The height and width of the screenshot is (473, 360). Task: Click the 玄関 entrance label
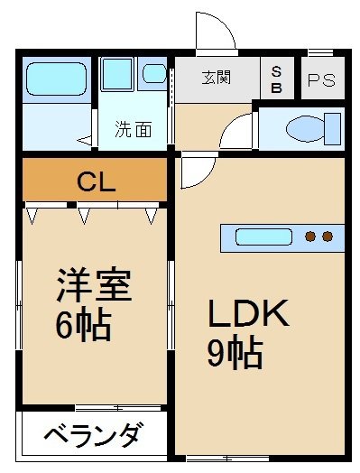point(216,78)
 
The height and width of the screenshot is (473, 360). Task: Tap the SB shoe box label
point(276,80)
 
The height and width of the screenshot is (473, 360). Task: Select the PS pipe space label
point(321,80)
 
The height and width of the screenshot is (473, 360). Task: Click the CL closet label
point(97,182)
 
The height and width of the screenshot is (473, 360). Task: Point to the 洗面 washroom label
point(134,129)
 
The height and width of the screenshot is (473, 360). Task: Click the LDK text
point(248,313)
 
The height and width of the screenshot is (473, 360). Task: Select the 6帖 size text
point(83,325)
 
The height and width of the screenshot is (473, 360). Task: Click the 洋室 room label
point(94,284)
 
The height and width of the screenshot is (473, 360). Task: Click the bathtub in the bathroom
point(56,79)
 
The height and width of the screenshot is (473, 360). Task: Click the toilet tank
point(333,129)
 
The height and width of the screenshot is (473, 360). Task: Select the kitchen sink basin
point(263,237)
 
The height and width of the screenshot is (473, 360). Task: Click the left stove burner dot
point(310,236)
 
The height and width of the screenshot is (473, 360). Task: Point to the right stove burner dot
point(328,236)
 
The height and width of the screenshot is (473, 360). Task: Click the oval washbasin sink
point(154,74)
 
